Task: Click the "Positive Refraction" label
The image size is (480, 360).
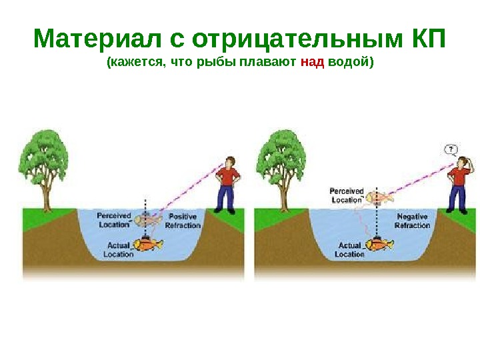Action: (x=183, y=221)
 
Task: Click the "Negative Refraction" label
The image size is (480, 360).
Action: (x=412, y=221)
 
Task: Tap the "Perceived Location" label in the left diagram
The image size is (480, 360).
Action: (x=114, y=220)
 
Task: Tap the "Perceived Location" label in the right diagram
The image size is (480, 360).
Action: (x=347, y=195)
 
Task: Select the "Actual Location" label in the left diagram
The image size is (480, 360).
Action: (x=119, y=250)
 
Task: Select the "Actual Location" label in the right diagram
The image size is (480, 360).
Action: (x=349, y=250)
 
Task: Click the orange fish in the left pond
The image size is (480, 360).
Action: (x=148, y=245)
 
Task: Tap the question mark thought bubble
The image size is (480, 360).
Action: (x=451, y=149)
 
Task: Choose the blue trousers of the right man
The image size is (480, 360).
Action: (x=457, y=198)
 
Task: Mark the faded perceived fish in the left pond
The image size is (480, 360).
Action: (x=149, y=219)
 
